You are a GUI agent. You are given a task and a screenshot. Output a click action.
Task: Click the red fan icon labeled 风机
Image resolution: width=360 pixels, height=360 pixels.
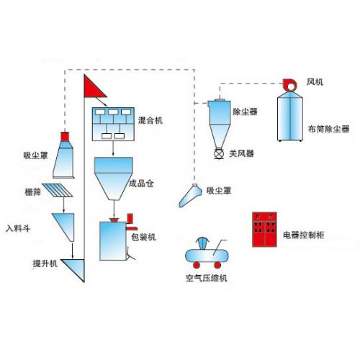coord(290,85)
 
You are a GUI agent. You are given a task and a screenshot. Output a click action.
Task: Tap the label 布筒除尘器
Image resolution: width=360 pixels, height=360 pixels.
coord(328,129)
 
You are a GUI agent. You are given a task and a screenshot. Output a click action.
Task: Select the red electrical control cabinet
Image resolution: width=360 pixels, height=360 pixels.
coord(264,230)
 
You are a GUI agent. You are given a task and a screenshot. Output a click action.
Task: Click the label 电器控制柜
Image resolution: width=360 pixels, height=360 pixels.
coord(304,235)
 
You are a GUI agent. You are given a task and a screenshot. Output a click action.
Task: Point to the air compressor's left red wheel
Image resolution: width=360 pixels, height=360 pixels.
coord(197,265)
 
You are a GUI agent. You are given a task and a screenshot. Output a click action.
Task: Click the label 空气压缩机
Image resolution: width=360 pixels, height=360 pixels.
coord(207,278)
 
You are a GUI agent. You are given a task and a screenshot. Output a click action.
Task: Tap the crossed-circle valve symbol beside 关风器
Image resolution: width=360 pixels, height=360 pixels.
coord(219,153)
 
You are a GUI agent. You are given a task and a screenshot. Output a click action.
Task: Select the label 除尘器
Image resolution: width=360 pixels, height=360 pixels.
coord(245,112)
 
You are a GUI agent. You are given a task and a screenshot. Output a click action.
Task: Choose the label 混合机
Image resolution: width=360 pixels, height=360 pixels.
coord(150,120)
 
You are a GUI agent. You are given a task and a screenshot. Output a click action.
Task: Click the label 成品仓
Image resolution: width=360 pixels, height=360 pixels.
coord(141,184)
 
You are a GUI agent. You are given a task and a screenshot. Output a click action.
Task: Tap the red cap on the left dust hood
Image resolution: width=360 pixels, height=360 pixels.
coord(65,136)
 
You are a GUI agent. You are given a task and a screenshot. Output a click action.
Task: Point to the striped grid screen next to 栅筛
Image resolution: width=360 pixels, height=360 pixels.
coord(58,190)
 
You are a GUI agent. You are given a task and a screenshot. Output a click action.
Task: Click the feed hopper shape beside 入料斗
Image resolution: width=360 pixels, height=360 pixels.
coord(65,225)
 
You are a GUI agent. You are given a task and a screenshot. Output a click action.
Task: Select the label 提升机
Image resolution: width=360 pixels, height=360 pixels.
coord(45,264)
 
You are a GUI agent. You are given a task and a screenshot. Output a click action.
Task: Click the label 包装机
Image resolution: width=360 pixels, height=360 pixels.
coord(143,237)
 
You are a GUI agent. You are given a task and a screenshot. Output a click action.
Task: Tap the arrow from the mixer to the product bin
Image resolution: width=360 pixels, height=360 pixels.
coord(113,148)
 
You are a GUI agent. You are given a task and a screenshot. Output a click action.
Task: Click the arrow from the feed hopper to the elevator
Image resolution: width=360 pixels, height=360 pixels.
coord(72,251)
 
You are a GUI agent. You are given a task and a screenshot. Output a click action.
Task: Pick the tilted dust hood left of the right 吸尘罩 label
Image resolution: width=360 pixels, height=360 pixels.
coord(192,195)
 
